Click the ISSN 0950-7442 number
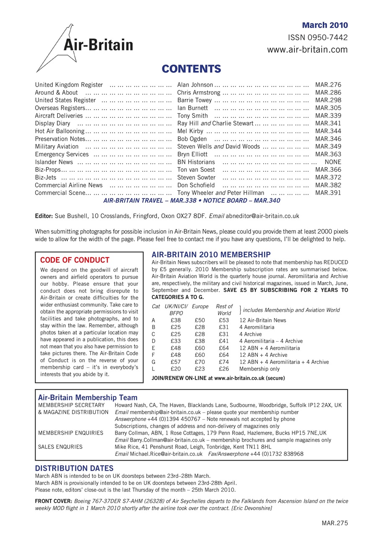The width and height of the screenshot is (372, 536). click(x=318, y=38)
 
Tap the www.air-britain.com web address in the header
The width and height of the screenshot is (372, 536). click(x=308, y=50)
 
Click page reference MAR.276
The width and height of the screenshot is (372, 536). click(x=328, y=85)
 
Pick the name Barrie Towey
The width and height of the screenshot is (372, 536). click(x=195, y=100)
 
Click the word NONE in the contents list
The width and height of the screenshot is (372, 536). click(x=333, y=162)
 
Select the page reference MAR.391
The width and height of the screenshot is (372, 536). click(x=328, y=193)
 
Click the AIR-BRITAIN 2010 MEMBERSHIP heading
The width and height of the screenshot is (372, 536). click(x=211, y=254)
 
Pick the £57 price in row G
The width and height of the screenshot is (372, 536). click(x=176, y=362)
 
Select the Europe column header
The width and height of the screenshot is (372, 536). click(x=200, y=307)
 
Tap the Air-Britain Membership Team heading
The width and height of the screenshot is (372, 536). click(x=87, y=397)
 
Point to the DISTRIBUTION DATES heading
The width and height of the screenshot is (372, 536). click(x=74, y=468)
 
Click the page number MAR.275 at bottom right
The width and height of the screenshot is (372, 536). click(x=334, y=523)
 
